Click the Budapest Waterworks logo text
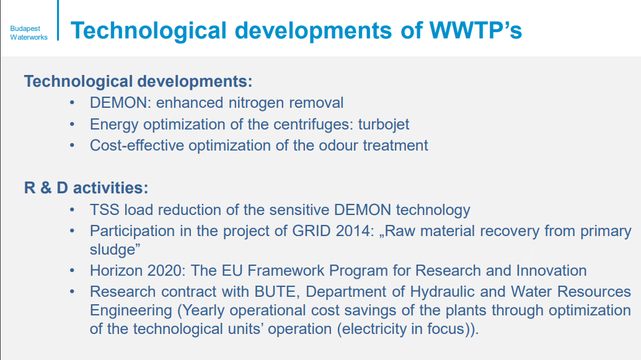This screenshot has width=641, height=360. coord(29,33)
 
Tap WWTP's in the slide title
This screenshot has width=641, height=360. coord(475,30)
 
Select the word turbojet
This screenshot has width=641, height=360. coord(384,125)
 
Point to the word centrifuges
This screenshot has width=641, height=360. coord(313,125)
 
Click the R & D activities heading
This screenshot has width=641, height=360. coord(86,188)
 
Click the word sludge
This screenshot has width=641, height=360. coord(112,250)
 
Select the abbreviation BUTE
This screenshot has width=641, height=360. coord(275,292)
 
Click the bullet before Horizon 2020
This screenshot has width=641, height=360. coord(73,271)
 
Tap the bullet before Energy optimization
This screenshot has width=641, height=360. coord(73,124)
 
